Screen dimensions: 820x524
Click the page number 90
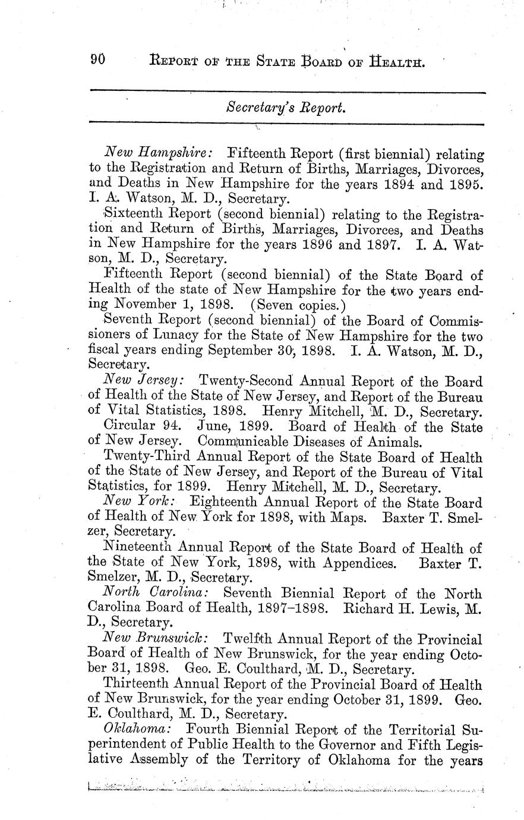pos(97,59)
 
